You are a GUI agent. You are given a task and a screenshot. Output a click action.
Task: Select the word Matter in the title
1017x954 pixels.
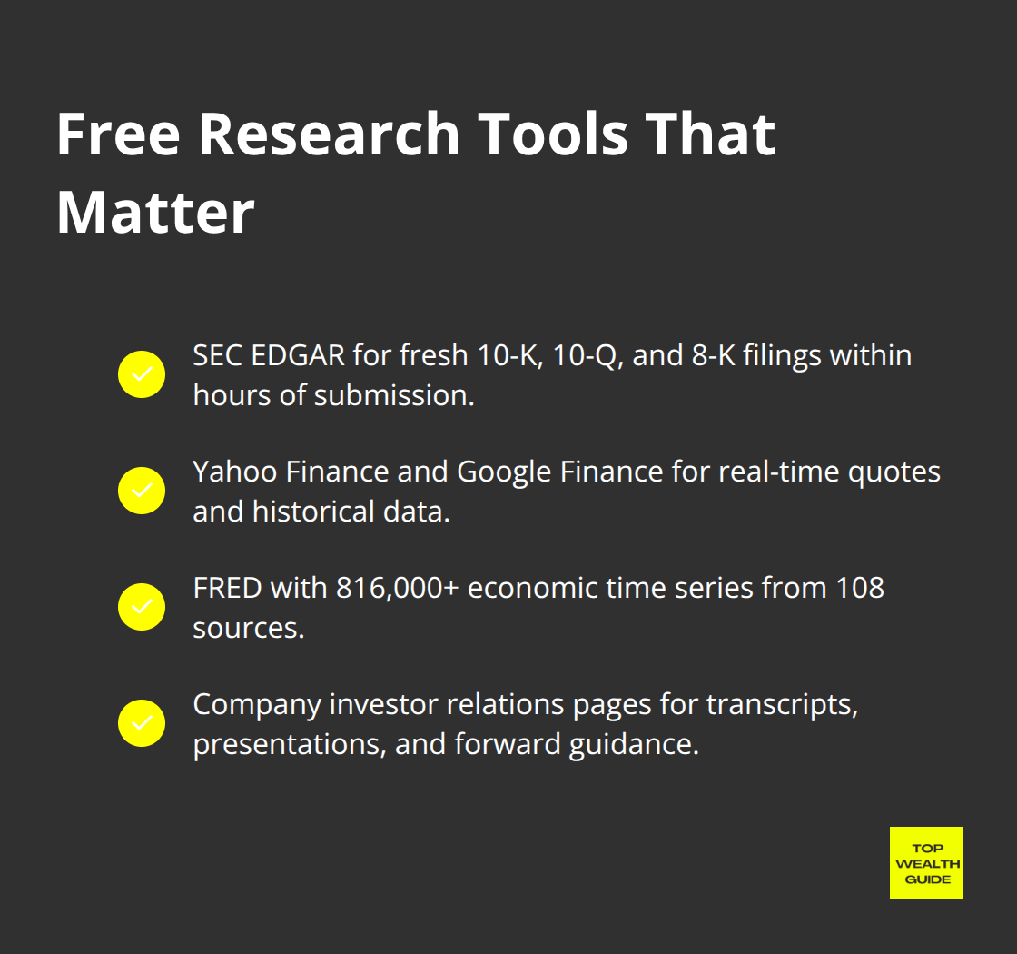(x=155, y=213)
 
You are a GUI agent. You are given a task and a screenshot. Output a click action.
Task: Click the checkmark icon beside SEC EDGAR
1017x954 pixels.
(x=142, y=374)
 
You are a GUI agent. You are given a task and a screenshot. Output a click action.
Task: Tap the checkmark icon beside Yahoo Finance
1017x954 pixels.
(x=142, y=491)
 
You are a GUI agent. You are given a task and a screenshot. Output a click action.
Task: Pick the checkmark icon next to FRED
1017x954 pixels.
(x=142, y=607)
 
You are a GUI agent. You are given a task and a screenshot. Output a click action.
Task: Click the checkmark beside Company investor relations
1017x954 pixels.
(x=142, y=723)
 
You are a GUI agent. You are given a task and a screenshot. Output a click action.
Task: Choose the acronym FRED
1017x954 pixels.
(x=227, y=588)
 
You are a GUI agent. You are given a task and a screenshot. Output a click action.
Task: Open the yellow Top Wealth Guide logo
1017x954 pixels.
(x=925, y=863)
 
